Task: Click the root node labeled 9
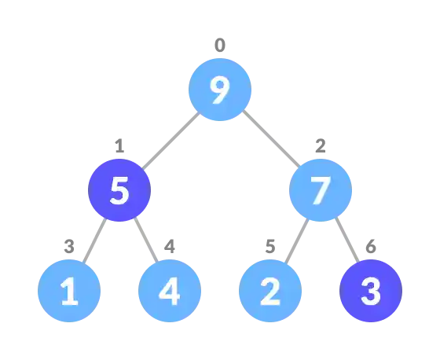click(x=220, y=90)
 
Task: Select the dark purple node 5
click(x=119, y=191)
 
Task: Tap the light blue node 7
click(x=320, y=191)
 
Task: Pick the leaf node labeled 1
click(x=69, y=292)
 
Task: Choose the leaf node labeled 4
click(x=170, y=292)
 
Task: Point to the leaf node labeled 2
click(x=270, y=292)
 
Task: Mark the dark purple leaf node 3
click(x=370, y=292)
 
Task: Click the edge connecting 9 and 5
click(x=169, y=141)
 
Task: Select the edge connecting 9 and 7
click(x=270, y=140)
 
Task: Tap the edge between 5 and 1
click(x=93, y=239)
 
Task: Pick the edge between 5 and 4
click(x=145, y=239)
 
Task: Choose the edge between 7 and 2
click(x=295, y=241)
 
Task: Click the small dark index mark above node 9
click(x=220, y=46)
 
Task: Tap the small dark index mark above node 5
click(x=119, y=147)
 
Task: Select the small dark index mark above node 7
click(x=320, y=147)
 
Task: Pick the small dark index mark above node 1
click(x=69, y=248)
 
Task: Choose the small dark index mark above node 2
click(x=270, y=248)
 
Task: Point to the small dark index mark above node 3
click(x=370, y=248)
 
